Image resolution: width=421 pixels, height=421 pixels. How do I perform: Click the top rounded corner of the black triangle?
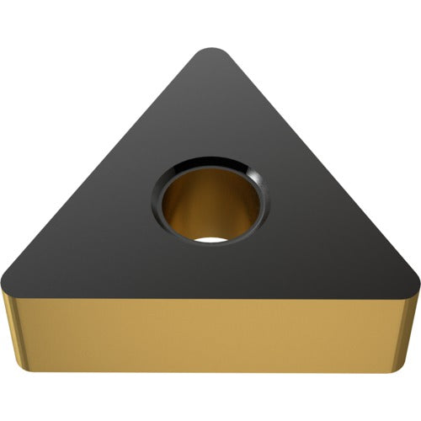coord(210,52)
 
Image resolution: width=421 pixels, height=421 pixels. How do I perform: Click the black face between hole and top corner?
coord(210,101)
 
